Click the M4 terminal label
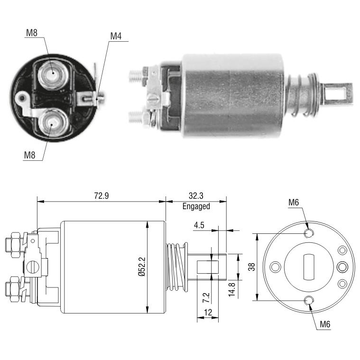[116, 36]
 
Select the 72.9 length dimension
[101, 195]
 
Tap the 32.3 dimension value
[196, 195]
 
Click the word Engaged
[196, 206]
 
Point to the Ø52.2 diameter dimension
[142, 267]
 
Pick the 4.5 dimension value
[199, 225]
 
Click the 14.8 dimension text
[232, 289]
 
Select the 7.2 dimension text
[206, 297]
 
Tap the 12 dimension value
[208, 313]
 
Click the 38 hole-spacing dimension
[252, 267]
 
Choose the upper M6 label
[294, 203]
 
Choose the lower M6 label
[325, 324]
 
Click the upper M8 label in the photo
[32, 33]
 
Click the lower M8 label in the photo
[29, 156]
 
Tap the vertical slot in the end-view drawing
[309, 267]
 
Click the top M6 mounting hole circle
[309, 233]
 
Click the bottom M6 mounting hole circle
[309, 300]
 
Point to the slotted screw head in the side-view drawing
[32, 267]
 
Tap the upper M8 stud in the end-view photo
[53, 74]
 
